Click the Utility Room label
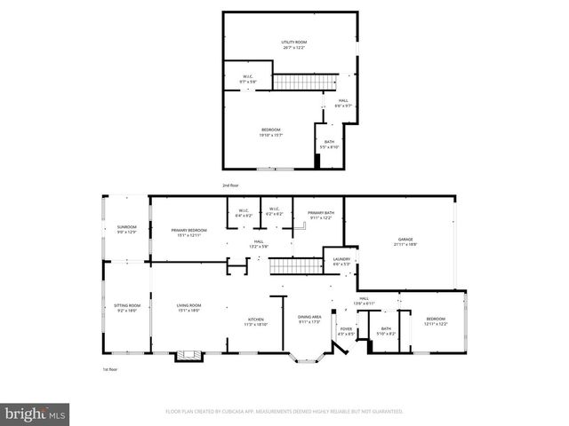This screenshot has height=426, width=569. (x=293, y=42)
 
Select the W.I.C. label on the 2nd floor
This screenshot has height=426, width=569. (x=249, y=76)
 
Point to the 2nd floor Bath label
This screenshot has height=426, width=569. (x=329, y=142)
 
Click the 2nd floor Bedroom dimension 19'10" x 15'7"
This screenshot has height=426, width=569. (x=271, y=135)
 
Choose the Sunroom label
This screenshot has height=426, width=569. (x=127, y=227)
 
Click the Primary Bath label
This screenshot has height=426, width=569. (x=320, y=213)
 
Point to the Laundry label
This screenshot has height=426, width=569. (x=341, y=259)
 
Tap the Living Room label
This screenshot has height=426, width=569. (x=187, y=306)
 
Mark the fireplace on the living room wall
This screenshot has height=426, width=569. (x=187, y=356)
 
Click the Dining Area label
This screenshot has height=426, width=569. (x=309, y=317)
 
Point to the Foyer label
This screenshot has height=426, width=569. (x=345, y=330)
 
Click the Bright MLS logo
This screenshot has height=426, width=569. (x=36, y=414)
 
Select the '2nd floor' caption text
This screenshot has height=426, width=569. (x=231, y=185)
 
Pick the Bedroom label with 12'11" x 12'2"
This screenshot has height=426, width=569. (x=436, y=319)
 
